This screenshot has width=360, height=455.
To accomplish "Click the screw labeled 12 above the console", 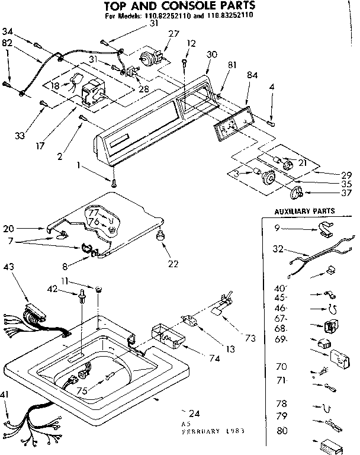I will click(x=186, y=62).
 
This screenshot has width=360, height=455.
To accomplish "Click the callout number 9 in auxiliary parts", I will click(x=277, y=228).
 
